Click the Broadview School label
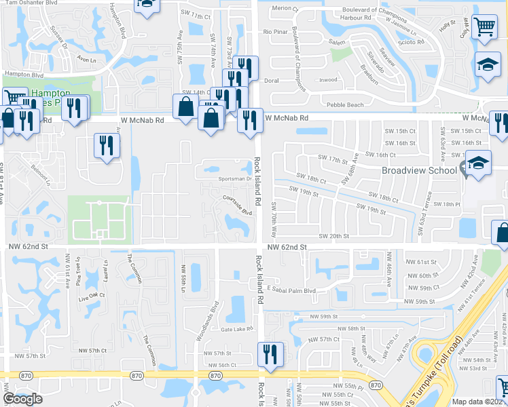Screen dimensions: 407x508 click(418, 170)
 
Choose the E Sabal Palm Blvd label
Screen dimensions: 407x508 click(291, 290)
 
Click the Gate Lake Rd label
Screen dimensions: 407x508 click(236, 329)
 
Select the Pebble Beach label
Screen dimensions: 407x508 click(345, 104)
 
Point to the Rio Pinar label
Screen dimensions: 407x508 click(276, 32)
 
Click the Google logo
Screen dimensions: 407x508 click(23, 399)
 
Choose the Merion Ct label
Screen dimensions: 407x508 click(285, 8)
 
